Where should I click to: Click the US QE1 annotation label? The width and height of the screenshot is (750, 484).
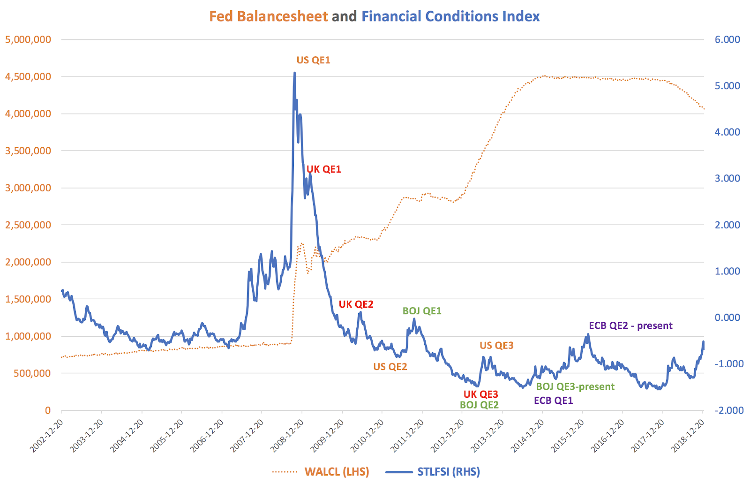pyautogui.click(x=313, y=60)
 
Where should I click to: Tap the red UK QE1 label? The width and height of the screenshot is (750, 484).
pyautogui.click(x=323, y=169)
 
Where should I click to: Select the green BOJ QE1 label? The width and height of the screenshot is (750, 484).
pyautogui.click(x=422, y=311)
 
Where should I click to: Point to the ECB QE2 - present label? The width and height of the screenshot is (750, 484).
pyautogui.click(x=630, y=325)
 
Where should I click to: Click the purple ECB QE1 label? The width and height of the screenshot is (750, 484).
pyautogui.click(x=553, y=401)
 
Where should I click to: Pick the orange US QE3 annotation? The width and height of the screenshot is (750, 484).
pyautogui.click(x=496, y=346)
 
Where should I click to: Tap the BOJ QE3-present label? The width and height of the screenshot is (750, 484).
pyautogui.click(x=575, y=386)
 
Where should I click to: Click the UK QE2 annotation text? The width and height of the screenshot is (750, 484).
pyautogui.click(x=356, y=304)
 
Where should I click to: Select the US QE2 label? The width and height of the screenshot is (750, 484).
pyautogui.click(x=390, y=367)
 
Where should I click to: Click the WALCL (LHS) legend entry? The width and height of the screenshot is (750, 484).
pyautogui.click(x=337, y=472)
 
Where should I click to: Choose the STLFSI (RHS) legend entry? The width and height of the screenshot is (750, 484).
pyautogui.click(x=449, y=472)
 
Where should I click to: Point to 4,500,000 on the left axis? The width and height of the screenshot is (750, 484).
pyautogui.click(x=28, y=76)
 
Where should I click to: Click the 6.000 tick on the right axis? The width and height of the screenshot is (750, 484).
pyautogui.click(x=727, y=39)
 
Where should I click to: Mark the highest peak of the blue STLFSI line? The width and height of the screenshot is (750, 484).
pyautogui.click(x=294, y=73)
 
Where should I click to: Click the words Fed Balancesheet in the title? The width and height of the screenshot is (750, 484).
pyautogui.click(x=268, y=16)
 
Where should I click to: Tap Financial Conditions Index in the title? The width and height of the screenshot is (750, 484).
pyautogui.click(x=450, y=16)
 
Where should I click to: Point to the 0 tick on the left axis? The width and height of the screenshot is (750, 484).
pyautogui.click(x=47, y=410)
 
